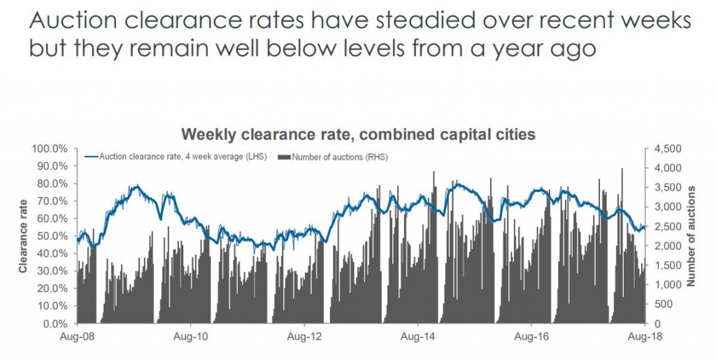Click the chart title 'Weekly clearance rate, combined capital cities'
(358, 134)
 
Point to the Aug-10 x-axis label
(190, 337)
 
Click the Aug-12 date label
(305, 337)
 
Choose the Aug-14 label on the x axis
(418, 337)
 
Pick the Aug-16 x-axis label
(531, 337)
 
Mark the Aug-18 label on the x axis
(646, 337)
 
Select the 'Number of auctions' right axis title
(692, 236)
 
